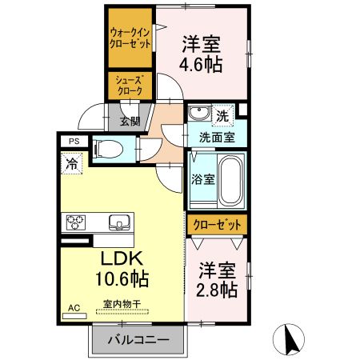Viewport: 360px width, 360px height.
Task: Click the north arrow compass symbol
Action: coord(289,339)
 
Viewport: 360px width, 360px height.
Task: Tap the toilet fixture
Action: coord(107,150)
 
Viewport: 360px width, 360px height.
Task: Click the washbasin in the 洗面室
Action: coord(199,113)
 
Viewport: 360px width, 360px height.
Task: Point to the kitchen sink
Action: coord(119,222)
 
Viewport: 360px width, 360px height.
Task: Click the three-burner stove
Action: coord(76,222)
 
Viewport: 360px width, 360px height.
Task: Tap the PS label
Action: coord(74,141)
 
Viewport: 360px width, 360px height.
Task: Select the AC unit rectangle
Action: coord(74,316)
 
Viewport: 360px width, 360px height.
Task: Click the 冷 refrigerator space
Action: coord(71,163)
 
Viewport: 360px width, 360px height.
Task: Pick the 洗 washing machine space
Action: coord(222,116)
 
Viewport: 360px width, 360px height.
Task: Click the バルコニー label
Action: coord(138,340)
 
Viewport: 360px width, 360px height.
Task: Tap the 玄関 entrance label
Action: coord(130,122)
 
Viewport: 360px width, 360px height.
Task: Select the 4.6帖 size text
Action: coord(201,65)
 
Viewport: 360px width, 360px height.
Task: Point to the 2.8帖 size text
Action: coord(217,290)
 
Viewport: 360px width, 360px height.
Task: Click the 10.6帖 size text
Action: coord(122,278)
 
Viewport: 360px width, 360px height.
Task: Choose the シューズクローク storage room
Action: coord(130,86)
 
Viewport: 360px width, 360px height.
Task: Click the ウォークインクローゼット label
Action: coord(130,38)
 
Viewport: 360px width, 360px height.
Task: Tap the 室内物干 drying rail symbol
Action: coord(122,311)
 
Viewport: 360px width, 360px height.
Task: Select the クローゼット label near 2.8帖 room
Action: coord(217,225)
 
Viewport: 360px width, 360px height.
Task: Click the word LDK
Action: coord(122,258)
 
